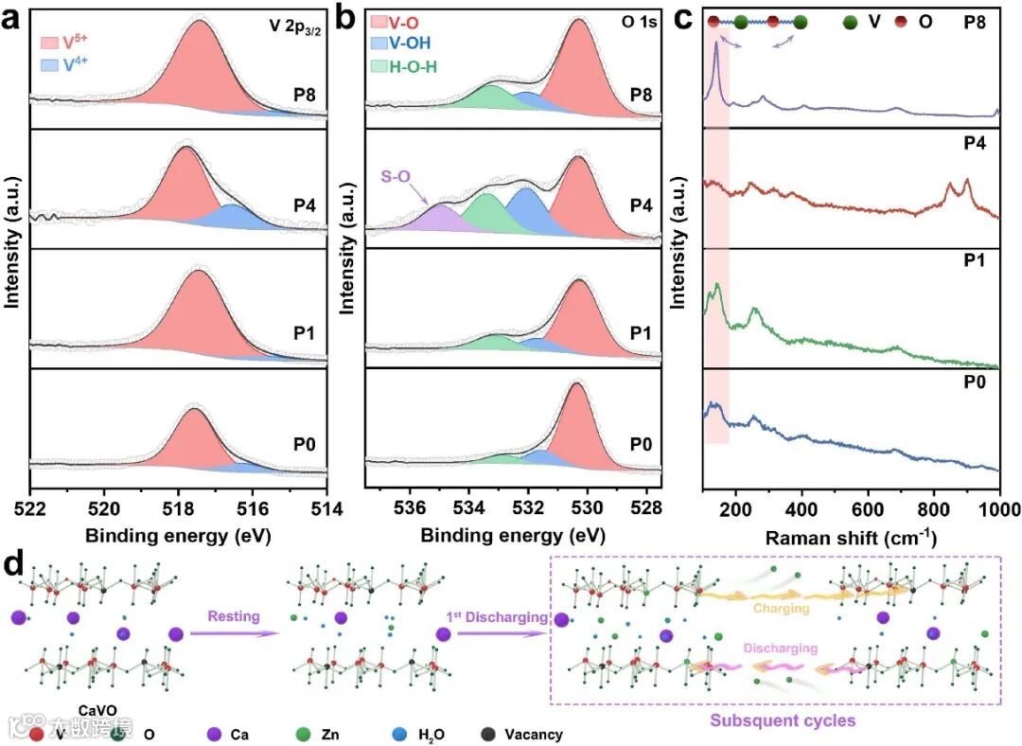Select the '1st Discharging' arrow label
pyautogui.click(x=497, y=617)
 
